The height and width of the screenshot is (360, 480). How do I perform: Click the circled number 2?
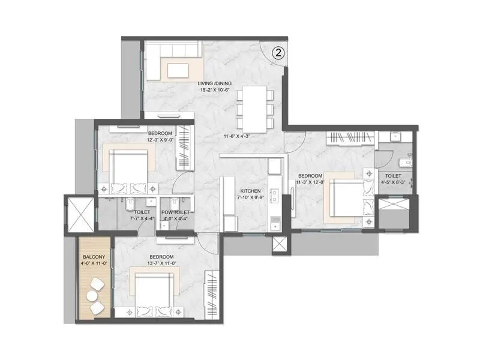pos(278,52)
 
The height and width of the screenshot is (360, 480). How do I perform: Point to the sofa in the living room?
pos(174,62)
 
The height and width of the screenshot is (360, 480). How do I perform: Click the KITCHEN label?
pos(250,191)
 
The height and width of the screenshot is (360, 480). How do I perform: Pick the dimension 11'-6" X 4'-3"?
pos(235,136)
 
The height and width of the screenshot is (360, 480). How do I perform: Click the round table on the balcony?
pos(96,285)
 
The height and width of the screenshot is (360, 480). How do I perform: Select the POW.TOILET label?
pos(175,212)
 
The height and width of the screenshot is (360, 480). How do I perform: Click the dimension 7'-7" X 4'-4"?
pos(142,220)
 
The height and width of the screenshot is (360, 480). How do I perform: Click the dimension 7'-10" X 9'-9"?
pos(250,198)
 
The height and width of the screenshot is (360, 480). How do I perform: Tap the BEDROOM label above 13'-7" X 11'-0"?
pos(162,257)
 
